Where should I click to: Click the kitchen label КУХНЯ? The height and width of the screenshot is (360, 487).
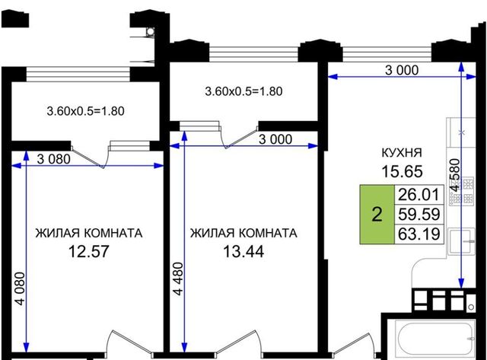(402, 152)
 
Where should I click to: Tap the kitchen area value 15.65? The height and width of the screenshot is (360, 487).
(402, 171)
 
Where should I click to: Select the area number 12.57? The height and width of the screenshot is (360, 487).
(88, 251)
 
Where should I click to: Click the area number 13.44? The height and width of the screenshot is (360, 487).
(243, 251)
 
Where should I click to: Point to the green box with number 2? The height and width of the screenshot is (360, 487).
(377, 215)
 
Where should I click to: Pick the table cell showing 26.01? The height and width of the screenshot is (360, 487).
(419, 195)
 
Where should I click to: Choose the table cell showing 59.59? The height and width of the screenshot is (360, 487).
(419, 215)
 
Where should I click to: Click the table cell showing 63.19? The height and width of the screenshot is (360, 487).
(419, 234)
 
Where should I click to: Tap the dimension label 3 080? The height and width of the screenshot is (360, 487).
(53, 159)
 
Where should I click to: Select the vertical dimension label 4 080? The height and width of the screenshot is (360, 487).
(20, 288)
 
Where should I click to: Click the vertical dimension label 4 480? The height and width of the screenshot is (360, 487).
(178, 279)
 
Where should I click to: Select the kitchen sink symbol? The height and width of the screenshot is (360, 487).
(462, 241)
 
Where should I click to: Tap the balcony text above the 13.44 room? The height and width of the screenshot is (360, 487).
(243, 91)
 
